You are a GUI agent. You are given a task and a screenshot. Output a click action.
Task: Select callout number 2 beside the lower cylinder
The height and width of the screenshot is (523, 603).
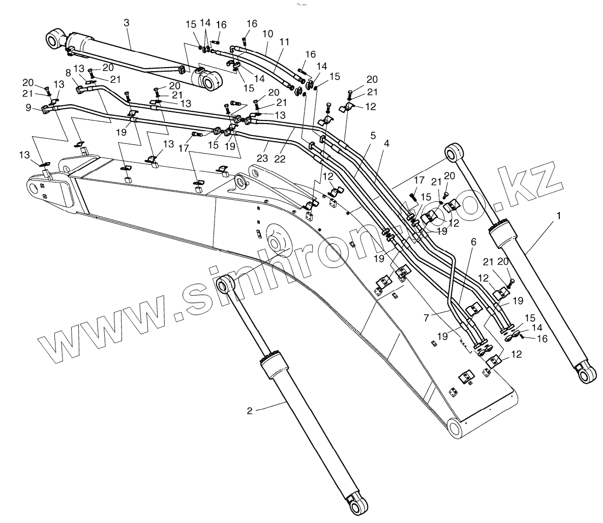click(x=250, y=411)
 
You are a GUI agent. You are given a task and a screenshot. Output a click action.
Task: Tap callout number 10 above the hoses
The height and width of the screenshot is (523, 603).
click(x=268, y=34)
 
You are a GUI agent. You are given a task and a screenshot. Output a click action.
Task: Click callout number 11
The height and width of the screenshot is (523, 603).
click(x=284, y=42)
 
